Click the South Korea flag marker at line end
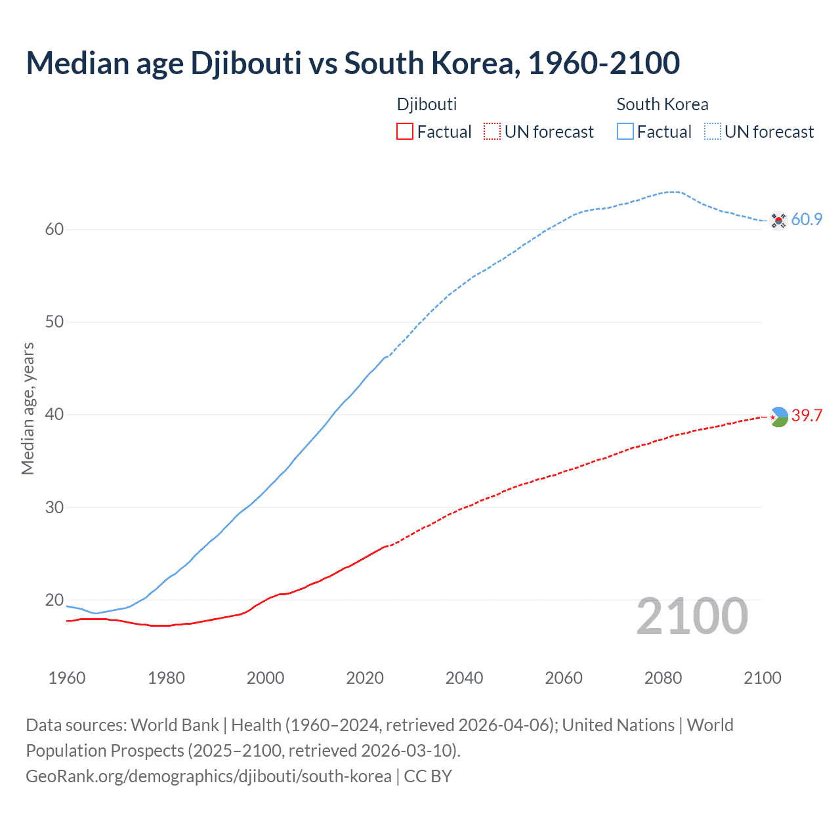coord(778,220)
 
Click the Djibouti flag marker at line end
coord(778,417)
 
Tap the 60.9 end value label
coord(807,220)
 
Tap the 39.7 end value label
coord(807,416)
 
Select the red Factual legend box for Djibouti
coord(405,132)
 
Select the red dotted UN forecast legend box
coord(492,132)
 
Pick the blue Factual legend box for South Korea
coord(625,132)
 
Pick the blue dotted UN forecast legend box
coord(712,132)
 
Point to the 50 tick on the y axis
coord(54,322)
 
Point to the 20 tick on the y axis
coord(54,600)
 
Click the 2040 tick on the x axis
coord(464,678)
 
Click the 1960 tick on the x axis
coord(67,678)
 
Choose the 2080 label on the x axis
coord(663,678)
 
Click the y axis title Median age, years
coord(28,408)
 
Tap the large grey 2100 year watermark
coord(692,616)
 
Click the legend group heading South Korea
coord(662,104)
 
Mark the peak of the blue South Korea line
coord(673,192)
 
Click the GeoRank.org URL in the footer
coord(209,776)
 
